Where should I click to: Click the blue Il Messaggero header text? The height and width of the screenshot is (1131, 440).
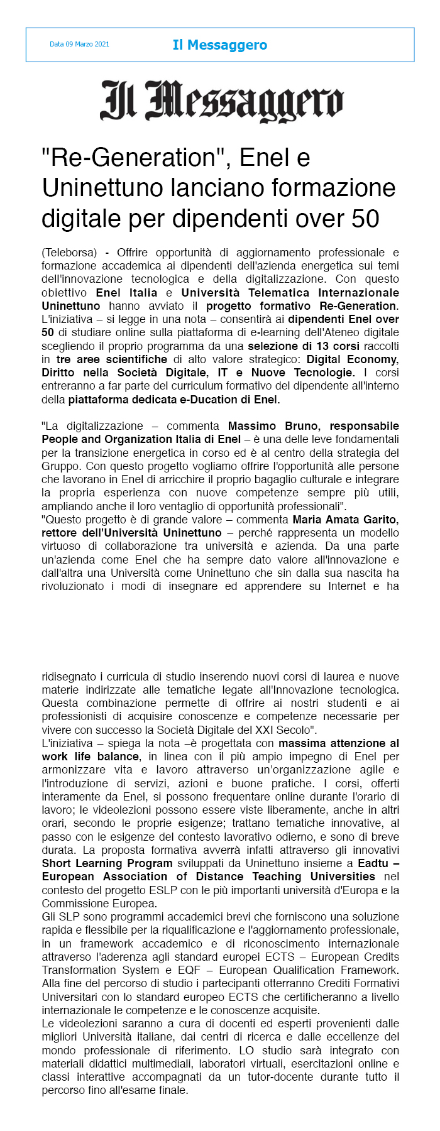click(x=219, y=45)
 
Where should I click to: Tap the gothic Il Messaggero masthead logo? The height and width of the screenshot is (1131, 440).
click(x=221, y=101)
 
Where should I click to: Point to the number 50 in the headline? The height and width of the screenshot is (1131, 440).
click(x=365, y=219)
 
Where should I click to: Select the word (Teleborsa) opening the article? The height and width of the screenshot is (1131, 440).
click(x=69, y=253)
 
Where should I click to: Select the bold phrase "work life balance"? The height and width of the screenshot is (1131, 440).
click(x=91, y=757)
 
